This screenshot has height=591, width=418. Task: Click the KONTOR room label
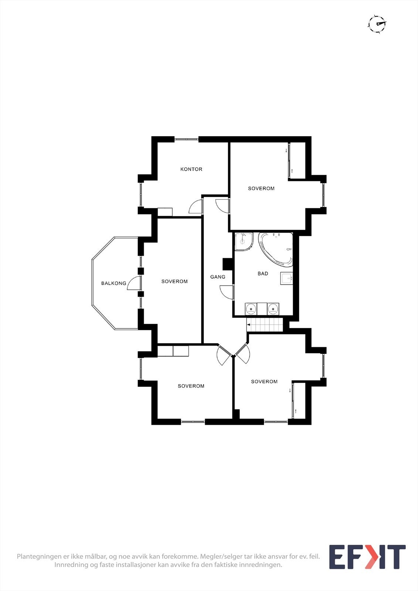(x=191, y=169)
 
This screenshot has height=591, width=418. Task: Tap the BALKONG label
(x=113, y=283)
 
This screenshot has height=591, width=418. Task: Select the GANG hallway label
(x=218, y=277)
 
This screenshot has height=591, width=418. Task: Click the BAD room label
(x=263, y=274)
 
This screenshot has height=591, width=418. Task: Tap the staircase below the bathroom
(x=265, y=325)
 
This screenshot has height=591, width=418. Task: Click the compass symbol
(x=377, y=24)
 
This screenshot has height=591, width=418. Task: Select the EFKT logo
(x=367, y=557)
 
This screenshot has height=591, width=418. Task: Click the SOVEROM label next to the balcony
(x=174, y=281)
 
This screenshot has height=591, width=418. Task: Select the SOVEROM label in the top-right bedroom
(x=261, y=188)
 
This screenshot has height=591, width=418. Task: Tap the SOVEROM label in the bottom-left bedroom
(x=191, y=386)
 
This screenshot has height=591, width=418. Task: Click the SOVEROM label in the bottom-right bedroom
(x=264, y=382)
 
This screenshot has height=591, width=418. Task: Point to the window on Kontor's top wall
(x=186, y=139)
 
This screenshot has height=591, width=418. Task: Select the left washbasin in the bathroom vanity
(x=251, y=308)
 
